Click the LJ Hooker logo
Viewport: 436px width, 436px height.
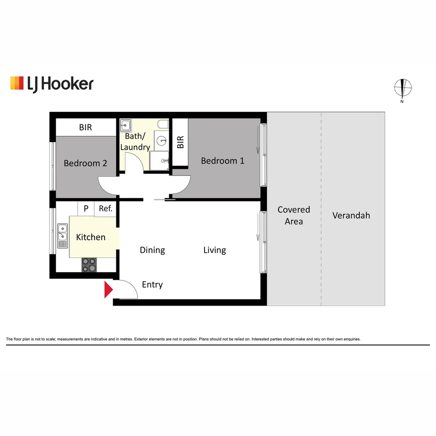52,84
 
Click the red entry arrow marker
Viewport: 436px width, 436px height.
108,290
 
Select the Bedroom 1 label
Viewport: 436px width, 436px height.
222,161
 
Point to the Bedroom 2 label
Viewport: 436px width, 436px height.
85,163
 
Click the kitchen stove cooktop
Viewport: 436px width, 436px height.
90,265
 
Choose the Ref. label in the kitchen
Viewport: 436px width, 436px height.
105,209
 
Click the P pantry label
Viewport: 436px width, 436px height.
86,209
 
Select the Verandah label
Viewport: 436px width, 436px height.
351,215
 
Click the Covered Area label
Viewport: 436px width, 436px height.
293,215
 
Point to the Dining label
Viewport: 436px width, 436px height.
152,250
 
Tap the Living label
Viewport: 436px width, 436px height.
214,250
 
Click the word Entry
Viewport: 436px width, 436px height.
152,285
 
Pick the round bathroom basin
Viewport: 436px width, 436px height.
162,141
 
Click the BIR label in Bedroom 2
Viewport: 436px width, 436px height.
85,128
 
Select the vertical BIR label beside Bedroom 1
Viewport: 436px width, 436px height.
180,142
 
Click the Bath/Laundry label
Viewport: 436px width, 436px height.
135,142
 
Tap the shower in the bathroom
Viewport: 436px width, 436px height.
160,161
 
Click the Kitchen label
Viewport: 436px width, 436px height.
91,237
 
